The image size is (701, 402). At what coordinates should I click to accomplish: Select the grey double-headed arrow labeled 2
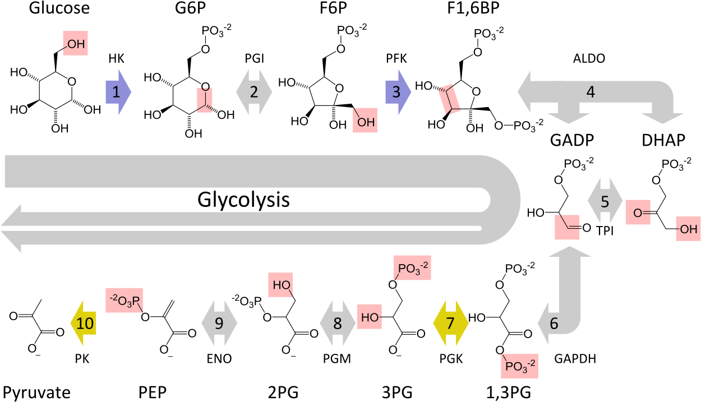[253, 92]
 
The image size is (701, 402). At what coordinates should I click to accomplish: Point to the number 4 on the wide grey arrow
[590, 92]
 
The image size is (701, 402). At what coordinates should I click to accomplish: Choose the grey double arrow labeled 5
[605, 201]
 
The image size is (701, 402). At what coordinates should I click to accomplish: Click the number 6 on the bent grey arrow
[554, 324]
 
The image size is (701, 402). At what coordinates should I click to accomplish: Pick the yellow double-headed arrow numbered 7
[450, 323]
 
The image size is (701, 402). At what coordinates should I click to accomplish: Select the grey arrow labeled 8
[337, 323]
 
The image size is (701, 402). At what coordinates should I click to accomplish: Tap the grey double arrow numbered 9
[219, 323]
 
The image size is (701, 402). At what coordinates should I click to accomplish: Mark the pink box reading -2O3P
[124, 301]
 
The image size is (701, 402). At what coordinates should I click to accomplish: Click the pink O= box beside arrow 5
[638, 212]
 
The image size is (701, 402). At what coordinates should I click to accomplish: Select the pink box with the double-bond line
[567, 227]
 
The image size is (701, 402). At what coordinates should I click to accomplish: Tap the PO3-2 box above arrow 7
[412, 267]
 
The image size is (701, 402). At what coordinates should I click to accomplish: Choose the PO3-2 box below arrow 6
[519, 366]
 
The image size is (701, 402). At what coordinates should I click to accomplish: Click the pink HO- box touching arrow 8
[369, 317]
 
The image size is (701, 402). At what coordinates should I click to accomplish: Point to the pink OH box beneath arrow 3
[365, 120]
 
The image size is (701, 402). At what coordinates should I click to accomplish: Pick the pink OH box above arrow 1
[75, 43]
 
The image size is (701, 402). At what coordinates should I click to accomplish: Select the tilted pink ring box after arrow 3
[450, 99]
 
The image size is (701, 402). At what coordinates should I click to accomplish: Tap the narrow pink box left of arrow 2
[205, 100]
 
